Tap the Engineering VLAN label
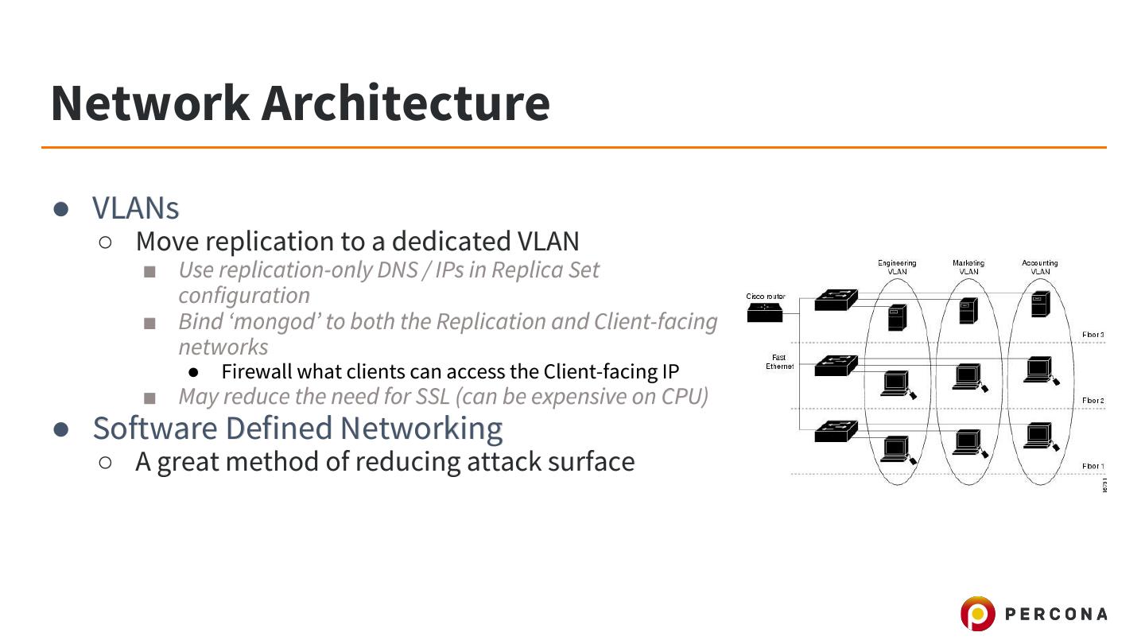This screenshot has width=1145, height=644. [897, 267]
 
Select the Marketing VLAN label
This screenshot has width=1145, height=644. [968, 267]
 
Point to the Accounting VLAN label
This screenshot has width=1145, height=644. [1040, 267]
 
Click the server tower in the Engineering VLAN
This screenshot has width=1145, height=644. [897, 318]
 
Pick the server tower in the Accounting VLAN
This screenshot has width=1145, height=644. [1040, 304]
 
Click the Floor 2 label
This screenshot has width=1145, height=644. [1093, 401]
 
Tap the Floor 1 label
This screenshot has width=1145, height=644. [1093, 466]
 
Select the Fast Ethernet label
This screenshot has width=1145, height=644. [779, 362]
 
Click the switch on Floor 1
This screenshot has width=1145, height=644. [836, 431]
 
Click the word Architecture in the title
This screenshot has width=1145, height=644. [405, 103]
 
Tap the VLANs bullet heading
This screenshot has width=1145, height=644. [135, 208]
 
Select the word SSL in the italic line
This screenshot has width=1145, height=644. [433, 396]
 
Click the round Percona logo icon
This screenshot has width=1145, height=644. [977, 614]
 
